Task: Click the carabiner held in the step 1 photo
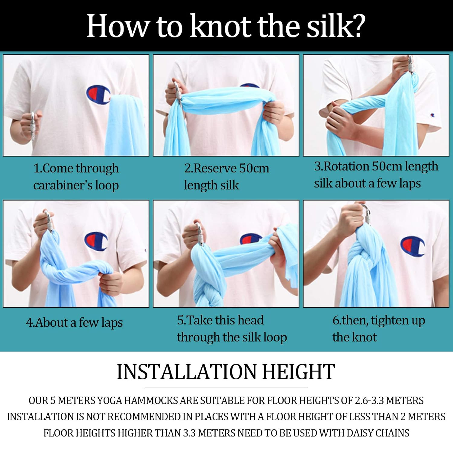click(x=33, y=126)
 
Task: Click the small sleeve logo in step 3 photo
click(x=433, y=115)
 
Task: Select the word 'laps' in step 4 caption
click(x=112, y=323)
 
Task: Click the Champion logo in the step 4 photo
click(x=96, y=242)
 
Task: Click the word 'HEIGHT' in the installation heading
click(x=299, y=372)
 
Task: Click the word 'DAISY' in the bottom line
click(x=361, y=433)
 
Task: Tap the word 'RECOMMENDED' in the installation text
click(x=144, y=417)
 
